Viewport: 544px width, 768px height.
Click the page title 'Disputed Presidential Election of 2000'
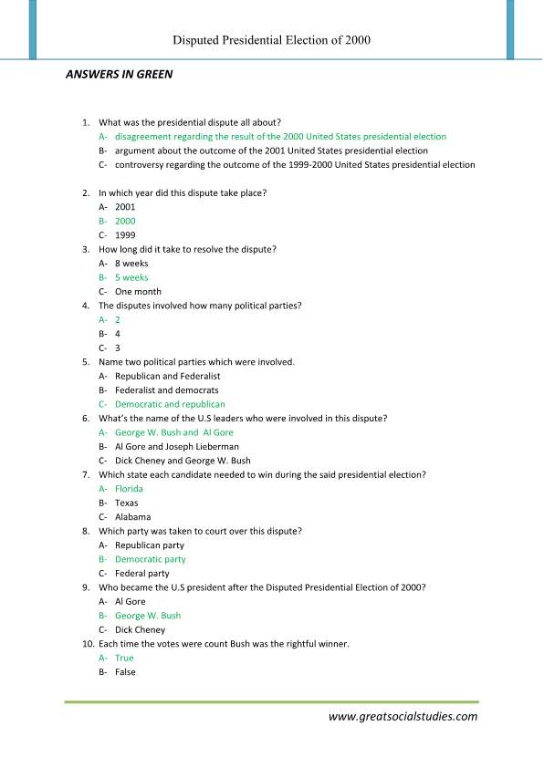(272, 40)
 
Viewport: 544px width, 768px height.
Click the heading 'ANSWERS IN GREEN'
(119, 75)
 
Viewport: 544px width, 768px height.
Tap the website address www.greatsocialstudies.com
(403, 716)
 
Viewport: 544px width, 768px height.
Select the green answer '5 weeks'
(131, 277)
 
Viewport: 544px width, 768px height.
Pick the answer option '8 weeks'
(131, 264)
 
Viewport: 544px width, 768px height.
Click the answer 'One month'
(138, 292)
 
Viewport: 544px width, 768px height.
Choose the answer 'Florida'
(129, 489)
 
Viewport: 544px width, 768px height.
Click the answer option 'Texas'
(127, 503)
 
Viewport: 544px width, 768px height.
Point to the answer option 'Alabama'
(132, 517)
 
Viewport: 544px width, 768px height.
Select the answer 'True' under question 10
(124, 658)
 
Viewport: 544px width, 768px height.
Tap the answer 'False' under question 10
(125, 672)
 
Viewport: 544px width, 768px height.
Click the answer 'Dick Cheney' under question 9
(140, 629)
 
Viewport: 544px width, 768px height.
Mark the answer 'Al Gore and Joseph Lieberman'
(177, 447)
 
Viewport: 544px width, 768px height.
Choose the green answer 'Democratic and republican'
(170, 404)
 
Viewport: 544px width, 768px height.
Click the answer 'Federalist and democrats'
(167, 390)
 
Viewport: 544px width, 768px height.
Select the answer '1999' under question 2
(125, 235)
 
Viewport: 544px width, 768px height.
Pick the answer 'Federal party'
(142, 574)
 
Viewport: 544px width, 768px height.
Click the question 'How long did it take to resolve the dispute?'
(187, 249)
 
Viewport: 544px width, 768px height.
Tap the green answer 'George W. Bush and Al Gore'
(173, 432)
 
